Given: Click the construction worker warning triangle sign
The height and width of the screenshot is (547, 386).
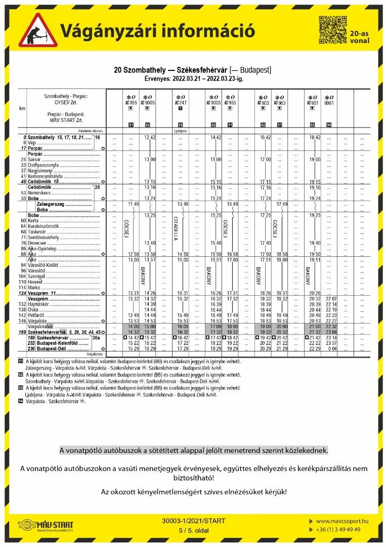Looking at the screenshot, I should click(x=38, y=31).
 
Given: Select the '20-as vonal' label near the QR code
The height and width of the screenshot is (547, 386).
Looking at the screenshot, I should click(x=360, y=36).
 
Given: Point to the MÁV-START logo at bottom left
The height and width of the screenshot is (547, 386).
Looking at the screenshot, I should click(x=46, y=526).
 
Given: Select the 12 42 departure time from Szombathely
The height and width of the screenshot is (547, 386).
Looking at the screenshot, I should click(x=150, y=137).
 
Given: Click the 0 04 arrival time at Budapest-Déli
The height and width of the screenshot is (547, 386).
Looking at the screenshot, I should click(x=332, y=348).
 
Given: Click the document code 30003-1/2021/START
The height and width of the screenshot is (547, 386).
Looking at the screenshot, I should click(x=194, y=521).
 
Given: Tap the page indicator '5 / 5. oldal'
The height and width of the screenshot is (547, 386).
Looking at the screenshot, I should click(x=193, y=530).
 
